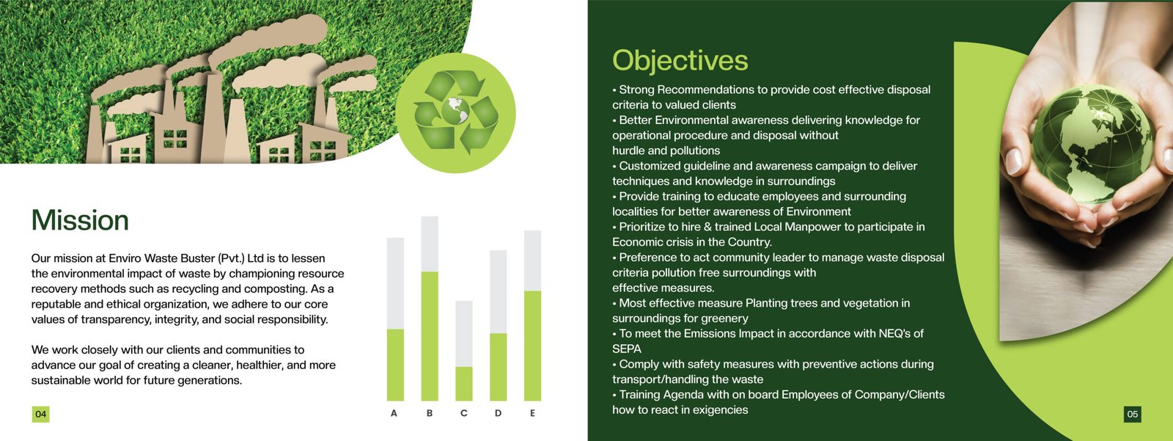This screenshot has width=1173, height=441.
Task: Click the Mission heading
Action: point(80,220)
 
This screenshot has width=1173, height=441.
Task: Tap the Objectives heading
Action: point(680,61)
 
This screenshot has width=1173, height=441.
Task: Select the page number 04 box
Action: point(40,415)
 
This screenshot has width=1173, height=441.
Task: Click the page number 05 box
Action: point(1132,415)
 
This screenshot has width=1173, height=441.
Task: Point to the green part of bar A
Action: point(395,365)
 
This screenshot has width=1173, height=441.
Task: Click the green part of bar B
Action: point(430,336)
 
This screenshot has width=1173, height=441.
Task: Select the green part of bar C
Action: point(464,384)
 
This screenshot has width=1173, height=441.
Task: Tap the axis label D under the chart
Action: point(498,413)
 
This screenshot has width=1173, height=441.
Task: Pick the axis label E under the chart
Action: point(532,413)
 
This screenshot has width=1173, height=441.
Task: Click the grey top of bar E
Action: point(532,260)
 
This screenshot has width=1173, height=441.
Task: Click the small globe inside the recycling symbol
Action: point(455,111)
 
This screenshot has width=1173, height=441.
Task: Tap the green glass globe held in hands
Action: point(1093,145)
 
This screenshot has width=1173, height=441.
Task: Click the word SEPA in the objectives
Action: point(627,349)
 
